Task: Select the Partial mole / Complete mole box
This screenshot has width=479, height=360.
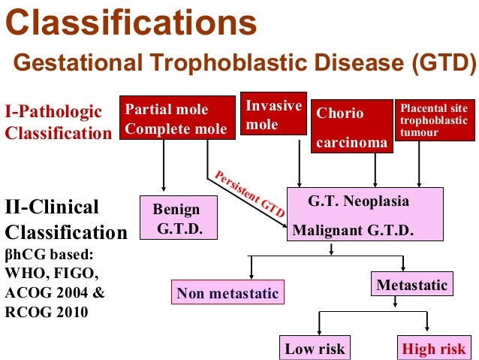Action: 176,119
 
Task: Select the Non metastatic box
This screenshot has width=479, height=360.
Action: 227,293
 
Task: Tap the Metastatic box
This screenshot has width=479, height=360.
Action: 411,285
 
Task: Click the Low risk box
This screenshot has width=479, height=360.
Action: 315,349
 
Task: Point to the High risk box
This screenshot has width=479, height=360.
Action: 434,349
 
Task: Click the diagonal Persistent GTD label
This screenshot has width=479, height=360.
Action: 250,194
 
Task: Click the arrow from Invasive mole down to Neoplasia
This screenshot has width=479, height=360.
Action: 300,162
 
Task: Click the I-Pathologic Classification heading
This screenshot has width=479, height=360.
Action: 58,122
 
